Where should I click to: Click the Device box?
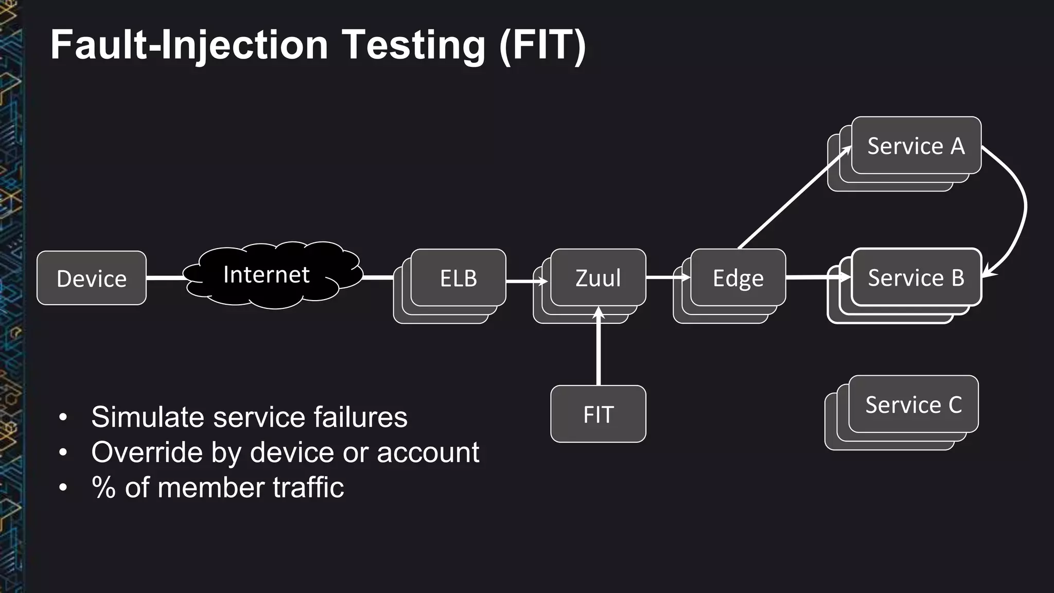click(92, 278)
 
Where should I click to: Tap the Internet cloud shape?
click(273, 275)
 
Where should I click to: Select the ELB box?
click(458, 278)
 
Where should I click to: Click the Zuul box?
click(598, 278)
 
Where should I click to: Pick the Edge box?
click(738, 278)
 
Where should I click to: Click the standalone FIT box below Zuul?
click(598, 414)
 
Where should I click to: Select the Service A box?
click(916, 146)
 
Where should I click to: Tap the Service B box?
click(916, 277)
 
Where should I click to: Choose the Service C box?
click(914, 405)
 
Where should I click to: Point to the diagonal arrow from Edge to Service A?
click(793, 198)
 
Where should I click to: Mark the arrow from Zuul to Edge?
click(667, 277)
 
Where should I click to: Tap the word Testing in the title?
click(414, 45)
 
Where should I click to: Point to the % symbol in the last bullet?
click(103, 487)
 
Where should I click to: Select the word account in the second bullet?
click(428, 452)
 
